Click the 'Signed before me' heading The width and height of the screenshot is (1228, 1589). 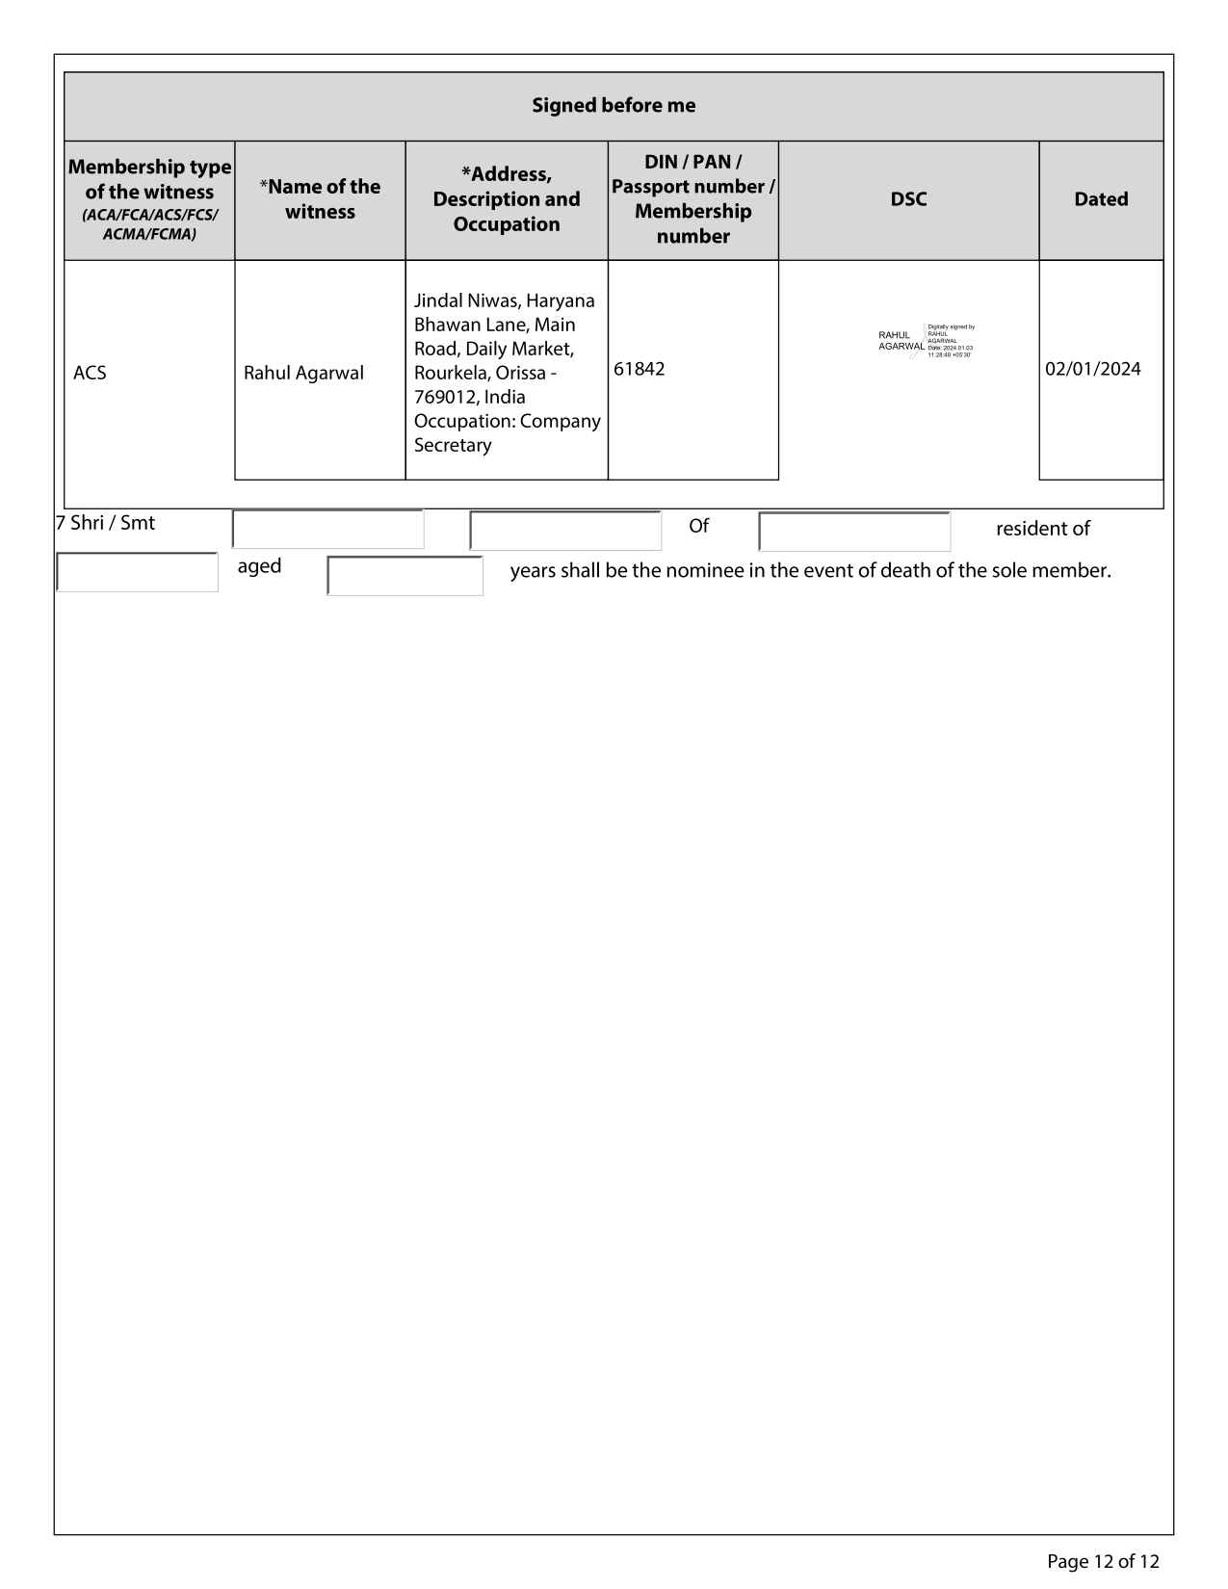(x=614, y=106)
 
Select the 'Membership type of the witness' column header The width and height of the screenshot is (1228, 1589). (x=149, y=199)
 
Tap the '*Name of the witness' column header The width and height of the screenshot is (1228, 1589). (x=320, y=199)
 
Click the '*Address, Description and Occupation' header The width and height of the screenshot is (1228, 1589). (x=507, y=199)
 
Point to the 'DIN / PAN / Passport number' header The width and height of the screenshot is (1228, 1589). (x=692, y=199)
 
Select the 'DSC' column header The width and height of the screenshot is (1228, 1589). (x=908, y=199)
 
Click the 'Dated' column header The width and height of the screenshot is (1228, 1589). (x=1101, y=199)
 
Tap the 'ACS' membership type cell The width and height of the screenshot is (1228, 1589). (x=91, y=373)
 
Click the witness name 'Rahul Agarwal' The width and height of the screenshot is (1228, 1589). (x=303, y=373)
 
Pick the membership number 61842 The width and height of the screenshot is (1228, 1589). (x=640, y=369)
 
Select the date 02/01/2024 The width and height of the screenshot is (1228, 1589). (x=1093, y=369)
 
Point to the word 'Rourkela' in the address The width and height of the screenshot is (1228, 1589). (x=450, y=373)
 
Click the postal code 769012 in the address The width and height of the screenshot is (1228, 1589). (x=444, y=397)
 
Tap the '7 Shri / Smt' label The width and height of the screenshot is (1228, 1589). (x=106, y=523)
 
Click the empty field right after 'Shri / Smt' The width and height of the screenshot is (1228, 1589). (x=328, y=530)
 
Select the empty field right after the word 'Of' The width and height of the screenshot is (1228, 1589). (x=854, y=532)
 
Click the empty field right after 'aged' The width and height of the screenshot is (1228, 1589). (x=405, y=576)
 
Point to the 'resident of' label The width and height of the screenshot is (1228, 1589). (x=1042, y=529)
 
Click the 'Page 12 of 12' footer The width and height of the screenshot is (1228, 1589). (x=1103, y=1561)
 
